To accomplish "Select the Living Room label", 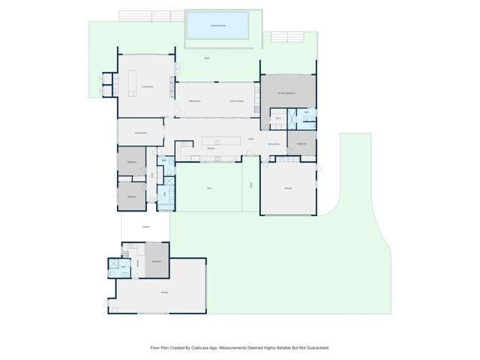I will coord(147,88).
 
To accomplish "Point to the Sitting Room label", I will coord(193,100).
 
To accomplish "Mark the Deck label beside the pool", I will coord(206,58).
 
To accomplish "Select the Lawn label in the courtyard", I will coord(209,187).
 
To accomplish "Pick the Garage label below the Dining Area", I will coord(288,187).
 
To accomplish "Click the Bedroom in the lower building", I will coord(157,260).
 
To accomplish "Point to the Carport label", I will coord(146,227).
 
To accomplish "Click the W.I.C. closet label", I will coord(278,118).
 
